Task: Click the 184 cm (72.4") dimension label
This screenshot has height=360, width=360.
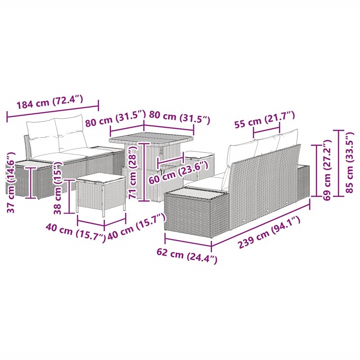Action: [49, 102]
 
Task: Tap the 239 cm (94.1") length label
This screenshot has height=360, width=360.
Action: [269, 233]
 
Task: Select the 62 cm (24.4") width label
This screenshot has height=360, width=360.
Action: [187, 256]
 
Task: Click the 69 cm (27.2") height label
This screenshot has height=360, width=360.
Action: [327, 170]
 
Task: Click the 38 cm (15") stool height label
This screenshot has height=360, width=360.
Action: [58, 188]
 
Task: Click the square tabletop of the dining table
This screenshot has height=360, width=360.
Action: [151, 139]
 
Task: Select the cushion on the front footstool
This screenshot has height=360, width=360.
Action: [100, 178]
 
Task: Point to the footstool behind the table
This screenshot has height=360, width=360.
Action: [199, 165]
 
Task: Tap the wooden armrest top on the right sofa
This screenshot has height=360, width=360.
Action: [196, 191]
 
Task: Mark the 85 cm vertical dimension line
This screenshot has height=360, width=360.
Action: [339, 163]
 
